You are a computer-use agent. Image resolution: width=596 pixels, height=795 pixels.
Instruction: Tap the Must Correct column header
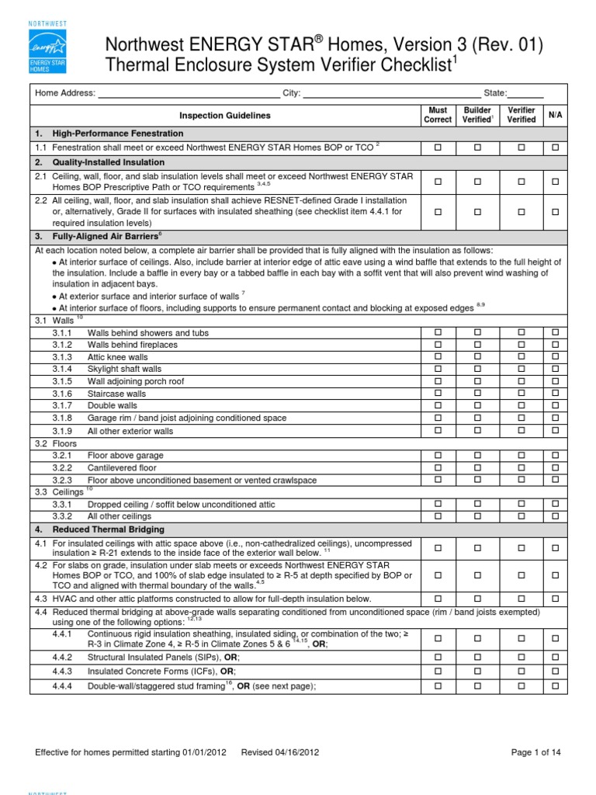(x=437, y=115)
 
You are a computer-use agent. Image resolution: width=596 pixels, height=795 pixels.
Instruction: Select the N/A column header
(x=555, y=115)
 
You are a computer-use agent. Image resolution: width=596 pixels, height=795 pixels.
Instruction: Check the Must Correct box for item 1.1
(x=437, y=148)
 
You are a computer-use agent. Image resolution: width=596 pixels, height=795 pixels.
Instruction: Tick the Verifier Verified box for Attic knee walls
(x=521, y=356)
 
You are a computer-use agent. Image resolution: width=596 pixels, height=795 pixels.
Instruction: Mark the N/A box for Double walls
(x=555, y=405)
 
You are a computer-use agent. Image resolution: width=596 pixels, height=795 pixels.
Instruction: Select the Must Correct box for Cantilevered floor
(x=437, y=467)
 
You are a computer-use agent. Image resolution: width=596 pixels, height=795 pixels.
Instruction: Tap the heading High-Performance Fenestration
(x=113, y=134)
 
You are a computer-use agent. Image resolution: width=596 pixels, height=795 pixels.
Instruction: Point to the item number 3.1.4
(x=62, y=369)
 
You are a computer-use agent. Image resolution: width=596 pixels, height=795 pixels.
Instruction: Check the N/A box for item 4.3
(x=555, y=599)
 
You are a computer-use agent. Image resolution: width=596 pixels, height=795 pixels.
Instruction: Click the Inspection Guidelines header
(x=225, y=115)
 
